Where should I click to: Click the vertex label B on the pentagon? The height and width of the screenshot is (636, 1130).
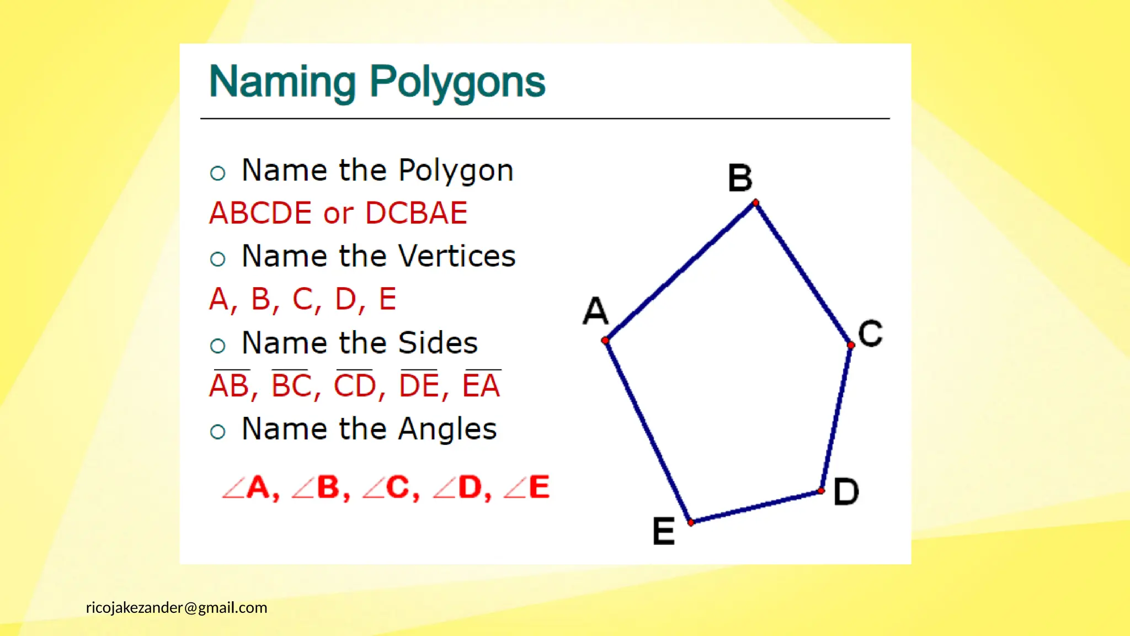pyautogui.click(x=740, y=178)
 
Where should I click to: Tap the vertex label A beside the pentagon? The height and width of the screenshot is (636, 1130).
pyautogui.click(x=596, y=310)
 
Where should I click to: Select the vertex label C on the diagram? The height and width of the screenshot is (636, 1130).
pyautogui.click(x=870, y=333)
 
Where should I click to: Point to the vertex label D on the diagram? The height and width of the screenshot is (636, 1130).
pyautogui.click(x=846, y=491)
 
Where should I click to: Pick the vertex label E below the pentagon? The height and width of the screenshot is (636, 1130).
pyautogui.click(x=663, y=531)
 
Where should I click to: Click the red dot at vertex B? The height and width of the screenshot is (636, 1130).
pyautogui.click(x=755, y=203)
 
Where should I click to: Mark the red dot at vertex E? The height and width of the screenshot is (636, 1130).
pyautogui.click(x=691, y=522)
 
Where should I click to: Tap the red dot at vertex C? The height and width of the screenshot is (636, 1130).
pyautogui.click(x=851, y=345)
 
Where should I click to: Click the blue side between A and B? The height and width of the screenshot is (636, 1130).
pyautogui.click(x=680, y=272)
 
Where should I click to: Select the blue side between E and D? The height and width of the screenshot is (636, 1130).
pyautogui.click(x=756, y=506)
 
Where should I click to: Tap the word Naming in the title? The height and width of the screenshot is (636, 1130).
pyautogui.click(x=282, y=82)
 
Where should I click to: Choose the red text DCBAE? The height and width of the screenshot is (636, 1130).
pyautogui.click(x=416, y=213)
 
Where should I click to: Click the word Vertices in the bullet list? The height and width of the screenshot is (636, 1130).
pyautogui.click(x=456, y=256)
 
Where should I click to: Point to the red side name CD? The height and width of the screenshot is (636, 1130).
pyautogui.click(x=355, y=385)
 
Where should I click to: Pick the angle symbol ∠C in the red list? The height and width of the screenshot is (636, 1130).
pyautogui.click(x=391, y=487)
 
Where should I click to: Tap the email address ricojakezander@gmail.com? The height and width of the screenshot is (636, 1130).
pyautogui.click(x=177, y=608)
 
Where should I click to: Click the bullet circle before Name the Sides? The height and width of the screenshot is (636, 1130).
pyautogui.click(x=218, y=346)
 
